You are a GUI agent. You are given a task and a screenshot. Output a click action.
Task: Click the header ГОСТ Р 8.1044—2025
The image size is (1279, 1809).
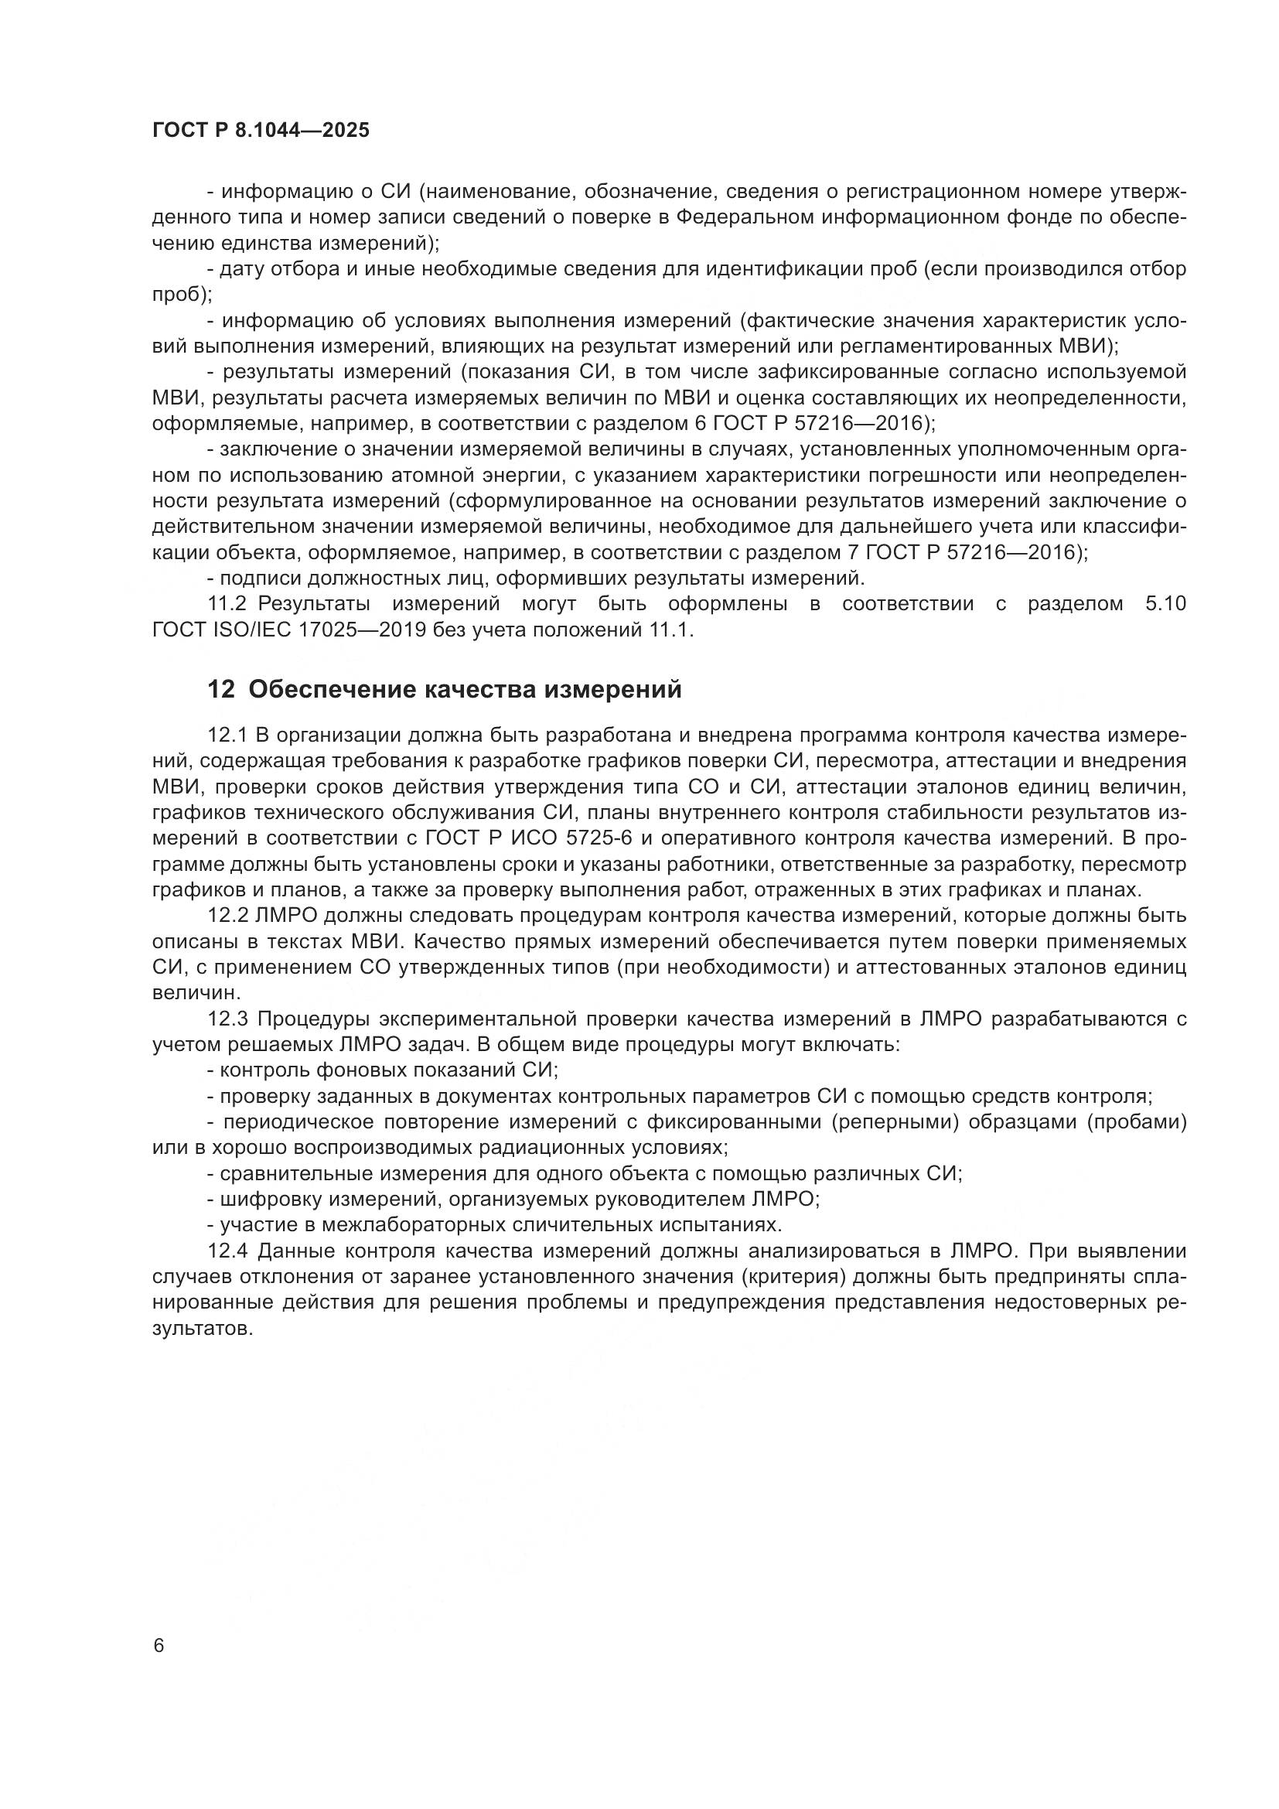click(261, 131)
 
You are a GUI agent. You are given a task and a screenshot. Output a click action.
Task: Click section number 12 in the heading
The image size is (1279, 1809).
click(221, 690)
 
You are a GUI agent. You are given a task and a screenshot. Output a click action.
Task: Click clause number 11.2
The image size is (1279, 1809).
click(227, 604)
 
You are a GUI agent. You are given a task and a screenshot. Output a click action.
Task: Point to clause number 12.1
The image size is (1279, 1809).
click(227, 735)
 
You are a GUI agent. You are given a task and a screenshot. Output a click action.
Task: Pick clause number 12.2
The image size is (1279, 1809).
click(227, 916)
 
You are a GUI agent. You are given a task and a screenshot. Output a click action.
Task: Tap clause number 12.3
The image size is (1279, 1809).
click(227, 1019)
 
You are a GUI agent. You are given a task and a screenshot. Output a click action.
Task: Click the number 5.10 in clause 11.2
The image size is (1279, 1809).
click(1162, 604)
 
